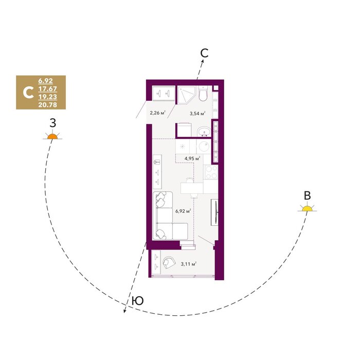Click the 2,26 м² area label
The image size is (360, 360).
[x=158, y=113]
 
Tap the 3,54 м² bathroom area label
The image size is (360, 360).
[x=197, y=113]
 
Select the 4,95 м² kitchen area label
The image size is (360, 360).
[x=192, y=158]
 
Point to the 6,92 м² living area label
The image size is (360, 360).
[x=183, y=211]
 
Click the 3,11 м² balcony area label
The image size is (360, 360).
[x=189, y=264]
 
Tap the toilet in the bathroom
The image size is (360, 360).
[x=203, y=94]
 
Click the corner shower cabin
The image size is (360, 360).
[x=186, y=95]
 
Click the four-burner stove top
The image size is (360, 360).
[x=211, y=172]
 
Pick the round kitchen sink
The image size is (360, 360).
[x=204, y=147]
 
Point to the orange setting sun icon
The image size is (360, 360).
[x=52, y=137]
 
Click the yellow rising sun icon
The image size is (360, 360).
[x=307, y=208]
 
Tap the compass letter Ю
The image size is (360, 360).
[x=138, y=300]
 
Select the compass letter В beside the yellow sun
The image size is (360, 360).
[x=307, y=196]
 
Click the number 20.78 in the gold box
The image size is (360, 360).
[x=47, y=105]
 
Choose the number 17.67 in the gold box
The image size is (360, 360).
[x=47, y=89]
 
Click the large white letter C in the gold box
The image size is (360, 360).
[x=28, y=93]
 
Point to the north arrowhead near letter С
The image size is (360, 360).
[x=203, y=61]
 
